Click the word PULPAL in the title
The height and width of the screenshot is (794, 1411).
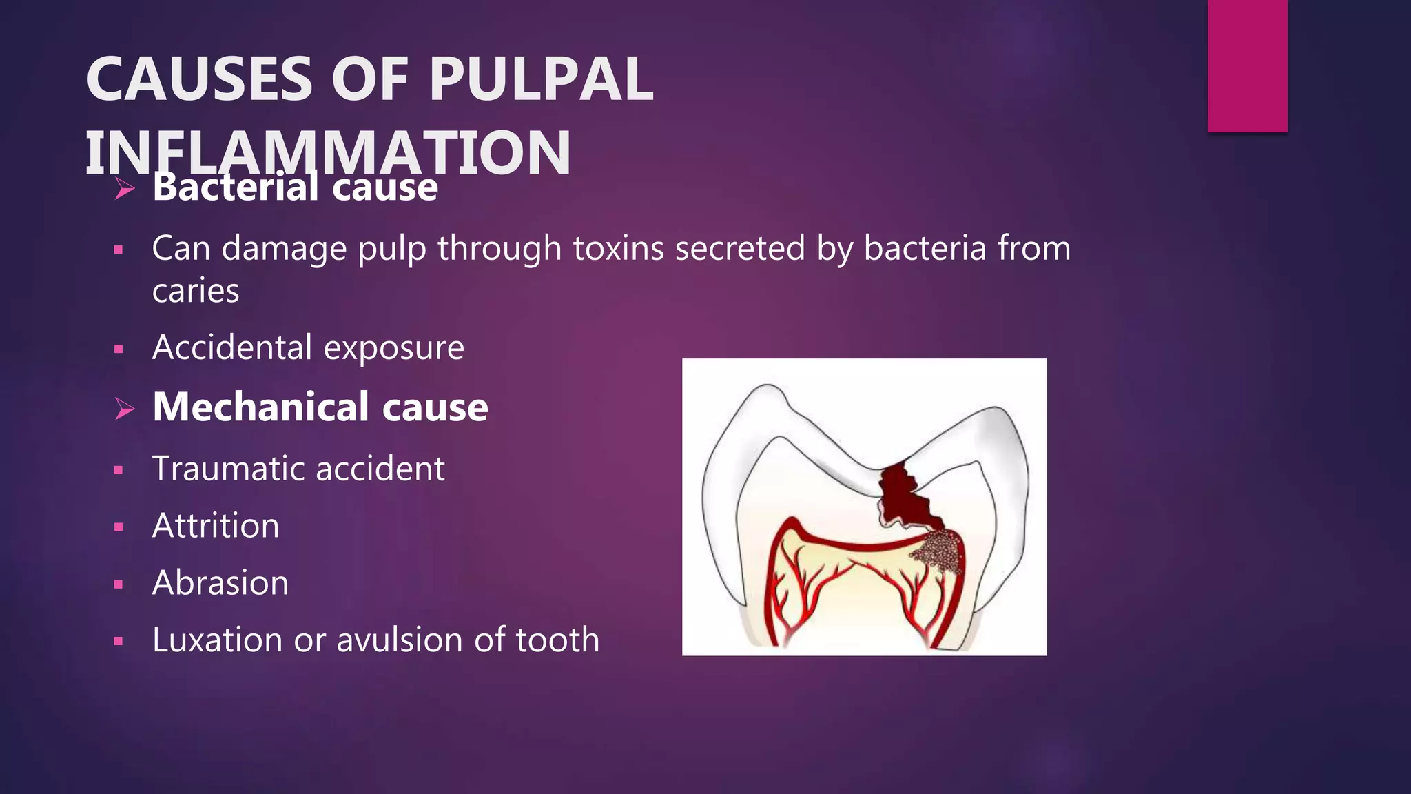click(541, 79)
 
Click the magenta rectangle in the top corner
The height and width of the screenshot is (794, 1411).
click(1247, 65)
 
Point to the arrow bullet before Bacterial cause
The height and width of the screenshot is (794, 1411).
click(125, 188)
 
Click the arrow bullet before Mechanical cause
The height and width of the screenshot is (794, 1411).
click(125, 408)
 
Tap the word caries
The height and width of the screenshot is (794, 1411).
click(196, 291)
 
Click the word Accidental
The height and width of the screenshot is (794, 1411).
click(231, 347)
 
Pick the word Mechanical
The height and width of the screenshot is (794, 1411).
click(261, 407)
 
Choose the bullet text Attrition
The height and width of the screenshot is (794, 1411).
click(216, 526)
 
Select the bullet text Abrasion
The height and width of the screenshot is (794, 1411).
click(220, 583)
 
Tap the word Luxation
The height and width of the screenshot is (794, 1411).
click(217, 640)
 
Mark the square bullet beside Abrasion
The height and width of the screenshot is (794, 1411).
click(119, 584)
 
